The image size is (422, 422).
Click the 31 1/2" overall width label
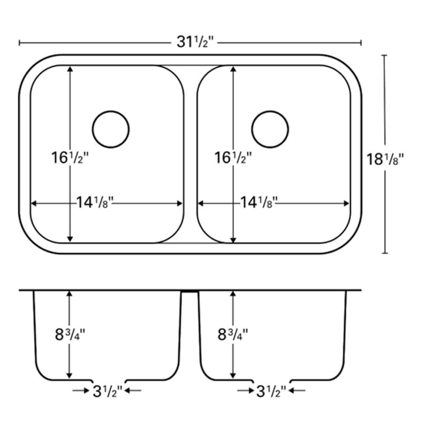[x=195, y=42]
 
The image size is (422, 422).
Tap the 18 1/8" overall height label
[x=385, y=159]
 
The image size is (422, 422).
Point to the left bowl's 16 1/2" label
[x=70, y=158]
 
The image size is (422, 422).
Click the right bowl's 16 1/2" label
[x=233, y=158]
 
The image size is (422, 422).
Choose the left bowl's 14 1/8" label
[x=95, y=203]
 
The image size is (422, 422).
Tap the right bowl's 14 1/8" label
[x=259, y=203]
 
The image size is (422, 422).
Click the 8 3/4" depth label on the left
[x=70, y=335]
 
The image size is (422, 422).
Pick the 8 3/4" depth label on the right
[x=233, y=335]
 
